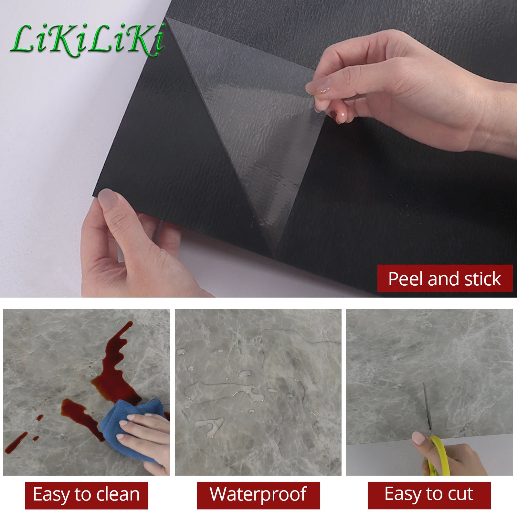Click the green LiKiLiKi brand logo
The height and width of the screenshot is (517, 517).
(87, 40)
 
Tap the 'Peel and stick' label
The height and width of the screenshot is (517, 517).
(445, 279)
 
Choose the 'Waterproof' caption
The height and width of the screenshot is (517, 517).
(258, 494)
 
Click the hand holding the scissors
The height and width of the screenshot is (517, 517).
(459, 459)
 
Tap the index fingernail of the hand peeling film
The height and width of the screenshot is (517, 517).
(318, 87)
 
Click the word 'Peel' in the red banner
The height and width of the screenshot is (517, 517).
(406, 279)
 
